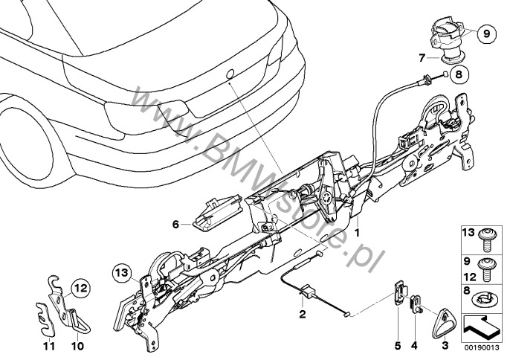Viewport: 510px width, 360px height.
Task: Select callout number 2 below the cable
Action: point(302,315)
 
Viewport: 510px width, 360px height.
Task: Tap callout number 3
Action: point(445,346)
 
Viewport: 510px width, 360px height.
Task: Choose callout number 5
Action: point(397,346)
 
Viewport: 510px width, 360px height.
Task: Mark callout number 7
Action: point(421,56)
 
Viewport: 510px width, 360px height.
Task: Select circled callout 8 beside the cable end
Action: point(457,74)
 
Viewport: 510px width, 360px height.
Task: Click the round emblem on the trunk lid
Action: point(230,74)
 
